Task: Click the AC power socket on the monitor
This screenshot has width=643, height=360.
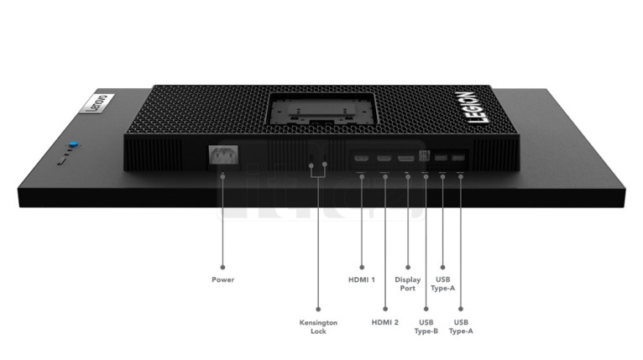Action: pos(223,155)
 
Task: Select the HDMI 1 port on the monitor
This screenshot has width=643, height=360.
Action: pos(361,158)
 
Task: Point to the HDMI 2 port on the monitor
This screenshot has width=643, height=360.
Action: pos(384,158)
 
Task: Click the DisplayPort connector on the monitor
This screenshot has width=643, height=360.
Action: pos(406,158)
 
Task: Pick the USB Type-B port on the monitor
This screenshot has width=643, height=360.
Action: pos(424,156)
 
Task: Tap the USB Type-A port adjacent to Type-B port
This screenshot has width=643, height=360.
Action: pos(441,158)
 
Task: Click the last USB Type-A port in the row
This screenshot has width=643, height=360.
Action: pos(457,158)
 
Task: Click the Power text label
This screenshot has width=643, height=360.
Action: pos(222,279)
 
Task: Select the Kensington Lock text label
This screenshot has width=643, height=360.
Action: pos(318,326)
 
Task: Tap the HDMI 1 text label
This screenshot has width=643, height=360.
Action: pos(361,279)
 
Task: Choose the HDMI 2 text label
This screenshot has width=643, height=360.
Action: pos(384,322)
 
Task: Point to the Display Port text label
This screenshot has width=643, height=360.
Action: pos(408,284)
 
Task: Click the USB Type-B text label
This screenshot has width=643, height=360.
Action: pos(426,326)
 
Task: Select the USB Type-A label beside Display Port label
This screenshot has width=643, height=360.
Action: pos(443,284)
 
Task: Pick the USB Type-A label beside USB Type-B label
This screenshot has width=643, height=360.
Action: pos(461,326)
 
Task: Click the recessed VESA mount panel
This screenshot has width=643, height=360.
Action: pos(321,108)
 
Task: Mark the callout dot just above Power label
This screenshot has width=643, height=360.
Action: pos(222,268)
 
